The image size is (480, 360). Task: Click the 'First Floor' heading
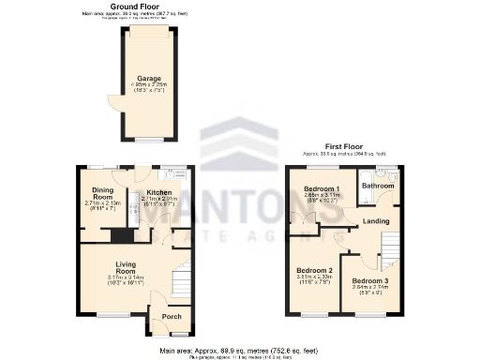(344, 146)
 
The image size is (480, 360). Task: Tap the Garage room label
(148, 78)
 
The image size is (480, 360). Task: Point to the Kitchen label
(157, 190)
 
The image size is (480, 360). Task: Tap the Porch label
(172, 316)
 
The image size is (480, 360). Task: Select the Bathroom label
(379, 186)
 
